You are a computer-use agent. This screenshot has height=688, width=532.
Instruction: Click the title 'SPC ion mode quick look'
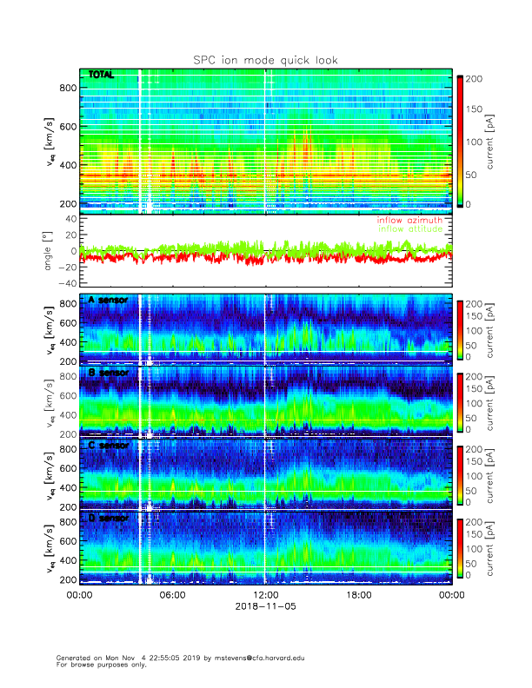coord(265,60)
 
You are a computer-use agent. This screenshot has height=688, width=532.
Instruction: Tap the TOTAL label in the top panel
coord(102,76)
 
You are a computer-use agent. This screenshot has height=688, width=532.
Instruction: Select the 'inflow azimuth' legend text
coord(409,221)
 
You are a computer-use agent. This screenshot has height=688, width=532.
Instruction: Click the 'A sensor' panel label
coord(109,300)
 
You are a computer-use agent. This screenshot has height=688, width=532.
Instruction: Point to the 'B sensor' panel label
coord(109,373)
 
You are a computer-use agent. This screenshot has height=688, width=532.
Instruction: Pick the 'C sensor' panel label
coord(109,446)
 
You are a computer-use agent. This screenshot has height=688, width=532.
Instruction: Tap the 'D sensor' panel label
coord(109,519)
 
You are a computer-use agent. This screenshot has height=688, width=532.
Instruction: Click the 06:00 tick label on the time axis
coord(172,595)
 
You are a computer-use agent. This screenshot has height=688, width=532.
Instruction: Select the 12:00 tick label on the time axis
coord(265,595)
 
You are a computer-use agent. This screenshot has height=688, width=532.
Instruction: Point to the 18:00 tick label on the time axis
coord(358,595)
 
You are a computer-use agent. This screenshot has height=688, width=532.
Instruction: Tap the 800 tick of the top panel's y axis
coord(67,88)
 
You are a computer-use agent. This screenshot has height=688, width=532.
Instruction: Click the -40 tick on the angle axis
coord(64,283)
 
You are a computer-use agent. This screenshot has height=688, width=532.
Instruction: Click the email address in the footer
coord(269,658)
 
